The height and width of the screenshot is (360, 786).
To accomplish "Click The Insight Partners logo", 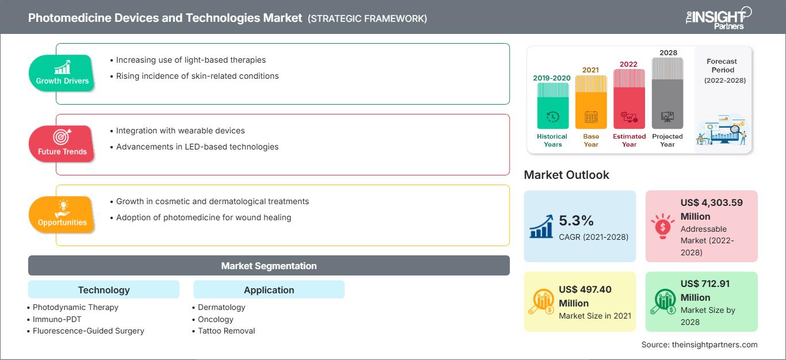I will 718,18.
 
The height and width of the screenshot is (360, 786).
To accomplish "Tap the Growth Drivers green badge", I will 62,73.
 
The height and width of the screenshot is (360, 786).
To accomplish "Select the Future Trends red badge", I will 62,144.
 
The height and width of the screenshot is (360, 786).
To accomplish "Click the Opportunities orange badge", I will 62,215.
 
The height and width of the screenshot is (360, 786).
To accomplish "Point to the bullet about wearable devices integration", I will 180,131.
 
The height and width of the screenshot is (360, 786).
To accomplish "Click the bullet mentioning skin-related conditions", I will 197,76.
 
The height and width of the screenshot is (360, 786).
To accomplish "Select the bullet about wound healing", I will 203,217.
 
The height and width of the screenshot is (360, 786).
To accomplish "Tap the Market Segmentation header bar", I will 269,266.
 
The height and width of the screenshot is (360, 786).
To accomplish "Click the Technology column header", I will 104,290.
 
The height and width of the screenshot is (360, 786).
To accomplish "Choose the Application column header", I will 269,290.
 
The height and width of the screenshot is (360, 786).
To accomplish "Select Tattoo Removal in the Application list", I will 226,331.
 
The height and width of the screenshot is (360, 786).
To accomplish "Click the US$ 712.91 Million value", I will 703,290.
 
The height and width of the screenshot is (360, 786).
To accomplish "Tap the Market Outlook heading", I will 566,175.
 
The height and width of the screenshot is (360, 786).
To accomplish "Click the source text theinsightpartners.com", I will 699,344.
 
